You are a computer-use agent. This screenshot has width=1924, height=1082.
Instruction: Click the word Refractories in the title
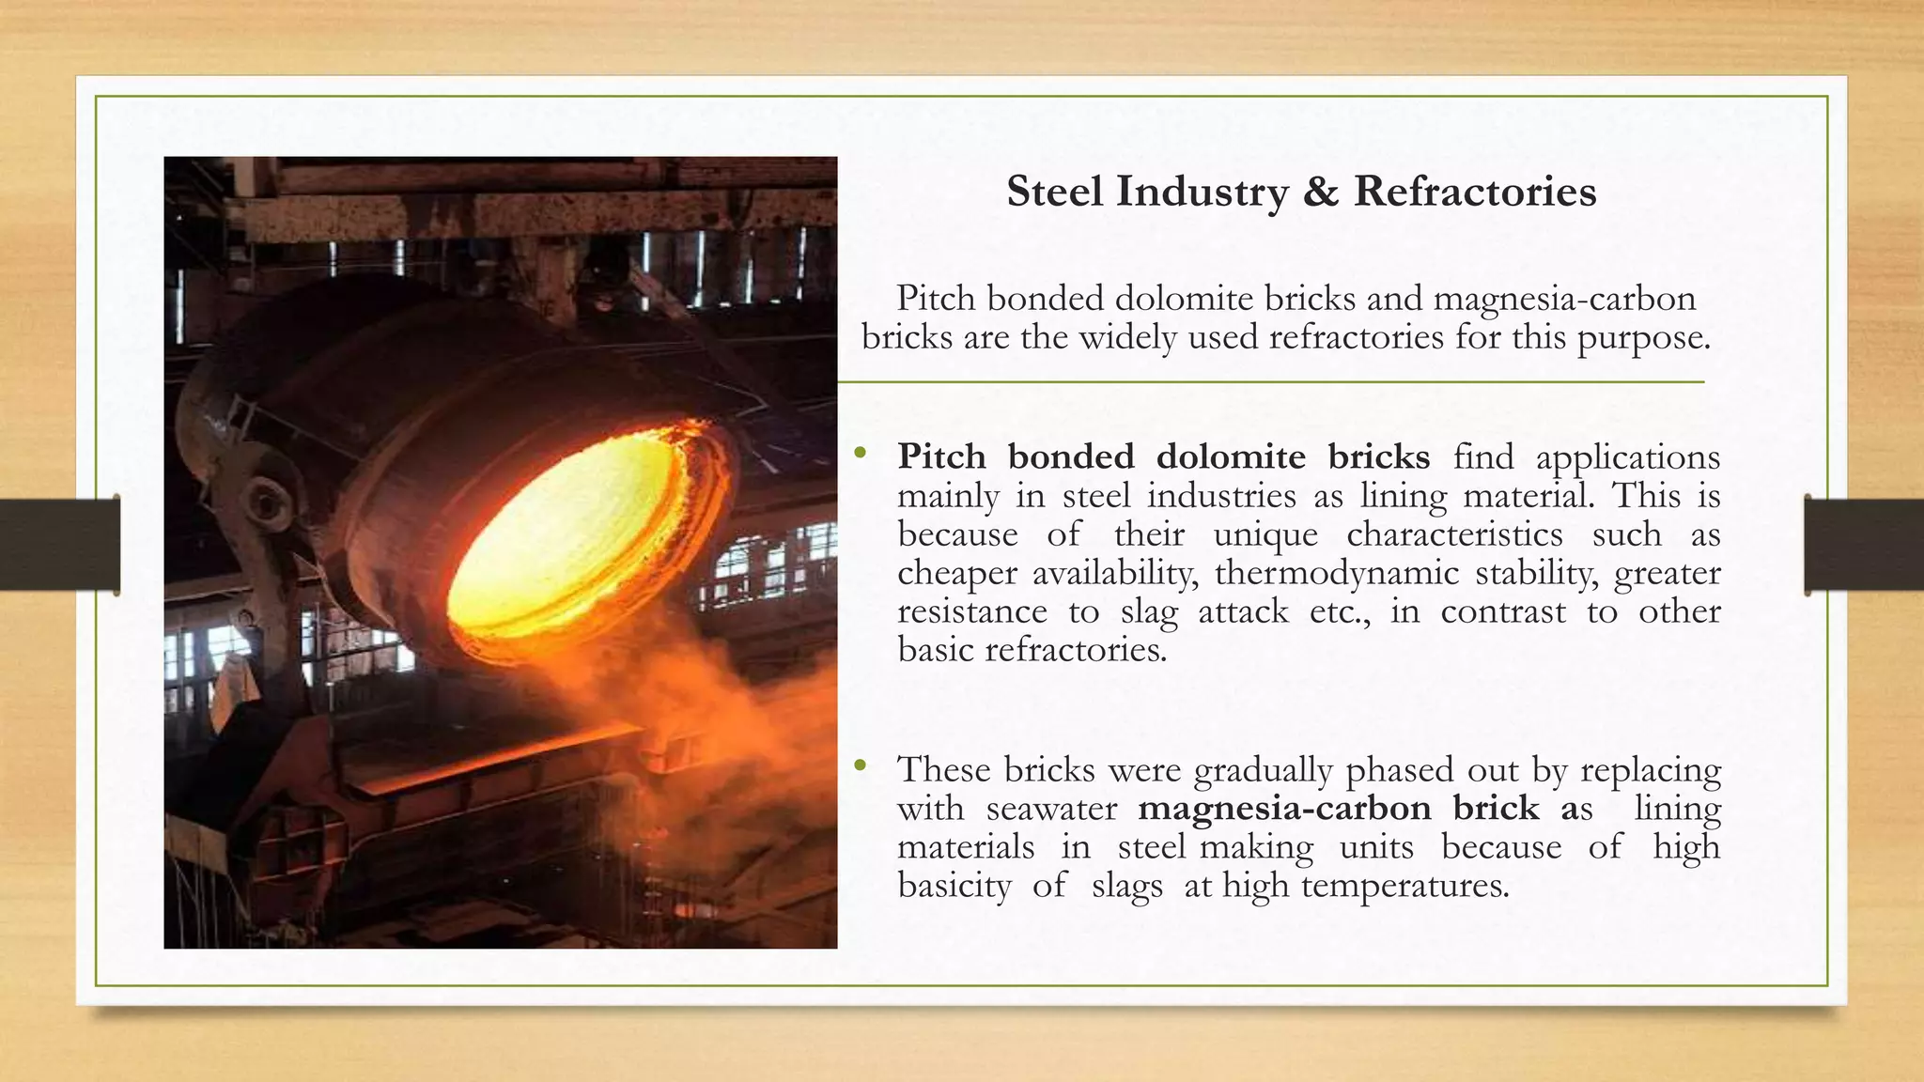pos(1474,192)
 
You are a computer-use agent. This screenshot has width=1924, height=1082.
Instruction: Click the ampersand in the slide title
pos(1321,192)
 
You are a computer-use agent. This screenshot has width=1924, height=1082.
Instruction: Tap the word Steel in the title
pos(1054,192)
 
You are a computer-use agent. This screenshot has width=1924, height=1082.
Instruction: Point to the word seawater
pos(1051,809)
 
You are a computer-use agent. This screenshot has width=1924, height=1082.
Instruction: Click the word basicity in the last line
pos(954,886)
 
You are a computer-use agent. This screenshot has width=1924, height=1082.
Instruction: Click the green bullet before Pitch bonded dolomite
pos(860,455)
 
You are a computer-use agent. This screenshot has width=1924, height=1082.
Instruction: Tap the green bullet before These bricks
pos(860,767)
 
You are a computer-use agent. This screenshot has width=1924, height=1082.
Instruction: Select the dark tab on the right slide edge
pos(1864,545)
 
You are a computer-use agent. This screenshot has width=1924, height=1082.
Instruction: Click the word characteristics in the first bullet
pos(1454,534)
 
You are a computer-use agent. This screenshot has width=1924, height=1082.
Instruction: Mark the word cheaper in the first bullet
pos(957,573)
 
